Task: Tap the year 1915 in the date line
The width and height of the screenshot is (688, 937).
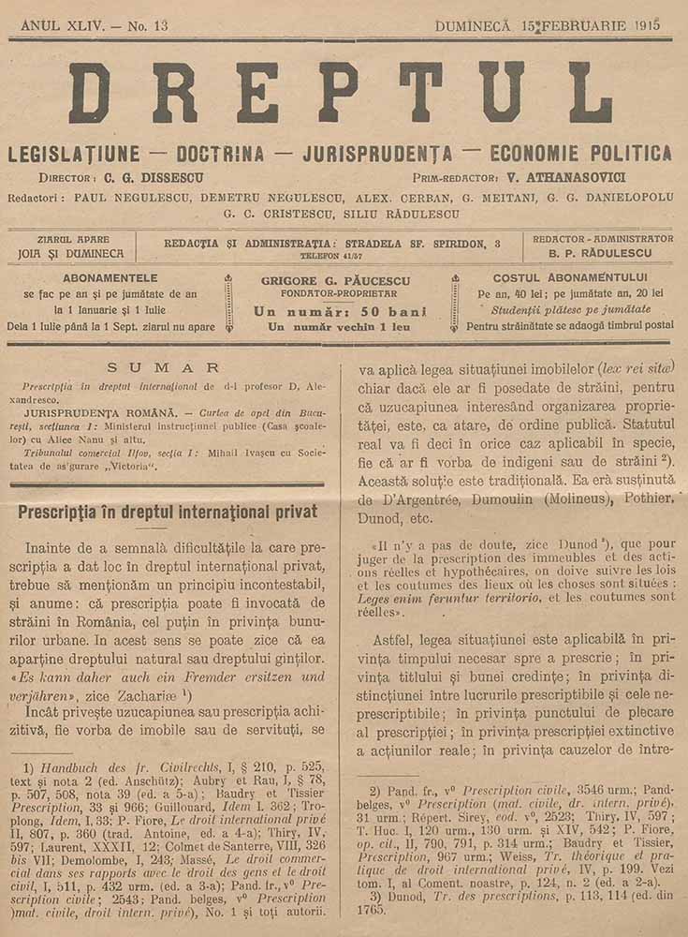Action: point(646,26)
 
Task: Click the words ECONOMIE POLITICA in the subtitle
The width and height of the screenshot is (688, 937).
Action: point(580,154)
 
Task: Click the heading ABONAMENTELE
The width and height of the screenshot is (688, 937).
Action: point(110,277)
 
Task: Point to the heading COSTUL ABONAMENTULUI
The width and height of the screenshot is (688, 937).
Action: point(570,277)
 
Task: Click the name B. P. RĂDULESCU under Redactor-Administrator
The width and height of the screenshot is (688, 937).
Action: point(603,253)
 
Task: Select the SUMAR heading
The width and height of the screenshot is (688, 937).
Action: point(164,368)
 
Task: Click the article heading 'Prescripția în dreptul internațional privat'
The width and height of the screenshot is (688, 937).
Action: point(168,512)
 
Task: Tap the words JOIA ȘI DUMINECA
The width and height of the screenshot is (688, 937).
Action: point(70,253)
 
